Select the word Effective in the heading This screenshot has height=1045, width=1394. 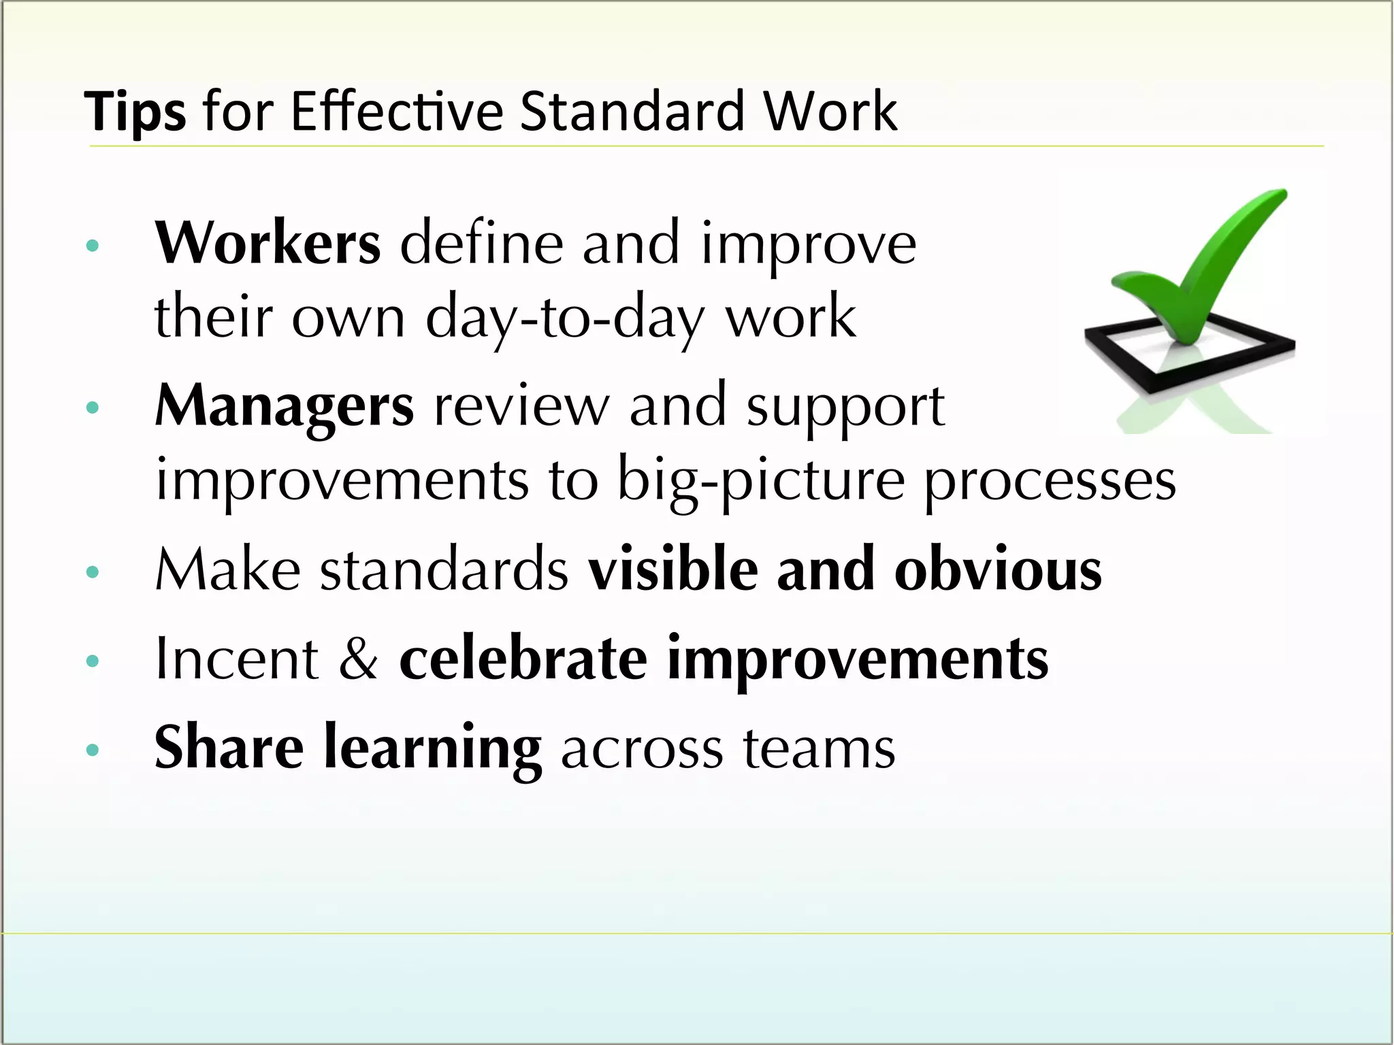click(397, 111)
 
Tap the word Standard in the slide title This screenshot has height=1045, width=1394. click(632, 111)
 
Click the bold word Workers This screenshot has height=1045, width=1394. click(268, 243)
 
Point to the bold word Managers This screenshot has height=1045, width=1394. click(284, 406)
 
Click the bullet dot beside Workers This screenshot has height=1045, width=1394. click(93, 246)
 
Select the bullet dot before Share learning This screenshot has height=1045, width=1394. click(93, 750)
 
